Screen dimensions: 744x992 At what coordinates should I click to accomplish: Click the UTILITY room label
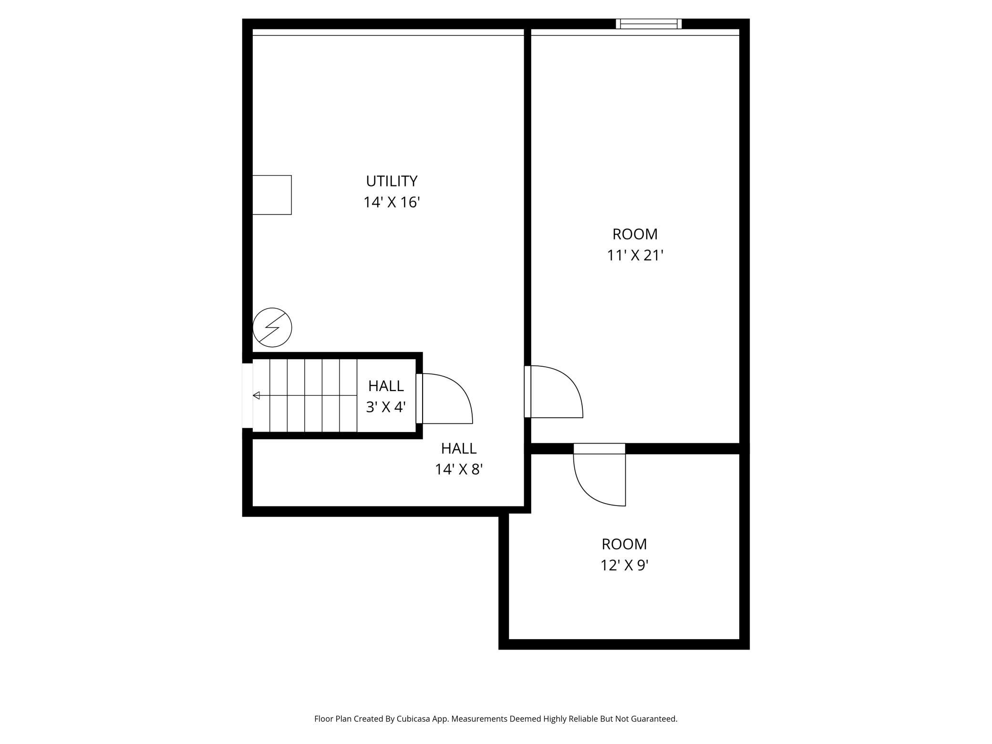click(392, 181)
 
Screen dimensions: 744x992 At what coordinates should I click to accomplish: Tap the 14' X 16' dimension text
click(392, 203)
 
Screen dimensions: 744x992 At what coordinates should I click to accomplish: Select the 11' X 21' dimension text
click(635, 256)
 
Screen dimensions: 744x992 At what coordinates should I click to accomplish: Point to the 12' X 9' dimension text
click(624, 566)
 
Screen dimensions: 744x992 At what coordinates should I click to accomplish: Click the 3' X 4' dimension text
click(385, 407)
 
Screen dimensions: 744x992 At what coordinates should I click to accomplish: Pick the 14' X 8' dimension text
click(458, 470)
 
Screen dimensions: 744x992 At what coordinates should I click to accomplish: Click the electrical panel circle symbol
click(272, 327)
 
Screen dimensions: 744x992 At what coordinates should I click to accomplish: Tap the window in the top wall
click(649, 24)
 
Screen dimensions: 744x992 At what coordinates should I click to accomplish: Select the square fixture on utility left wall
click(271, 195)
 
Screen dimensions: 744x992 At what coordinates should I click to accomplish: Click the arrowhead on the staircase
click(256, 395)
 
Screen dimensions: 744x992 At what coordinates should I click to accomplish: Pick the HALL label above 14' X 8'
click(458, 448)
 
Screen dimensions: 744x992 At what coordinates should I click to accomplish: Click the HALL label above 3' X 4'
click(385, 386)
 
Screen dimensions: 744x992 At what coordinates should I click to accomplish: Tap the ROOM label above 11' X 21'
click(635, 234)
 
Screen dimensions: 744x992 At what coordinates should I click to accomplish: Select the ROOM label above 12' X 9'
click(624, 544)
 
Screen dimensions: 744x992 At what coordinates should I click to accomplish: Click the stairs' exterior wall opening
click(247, 395)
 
